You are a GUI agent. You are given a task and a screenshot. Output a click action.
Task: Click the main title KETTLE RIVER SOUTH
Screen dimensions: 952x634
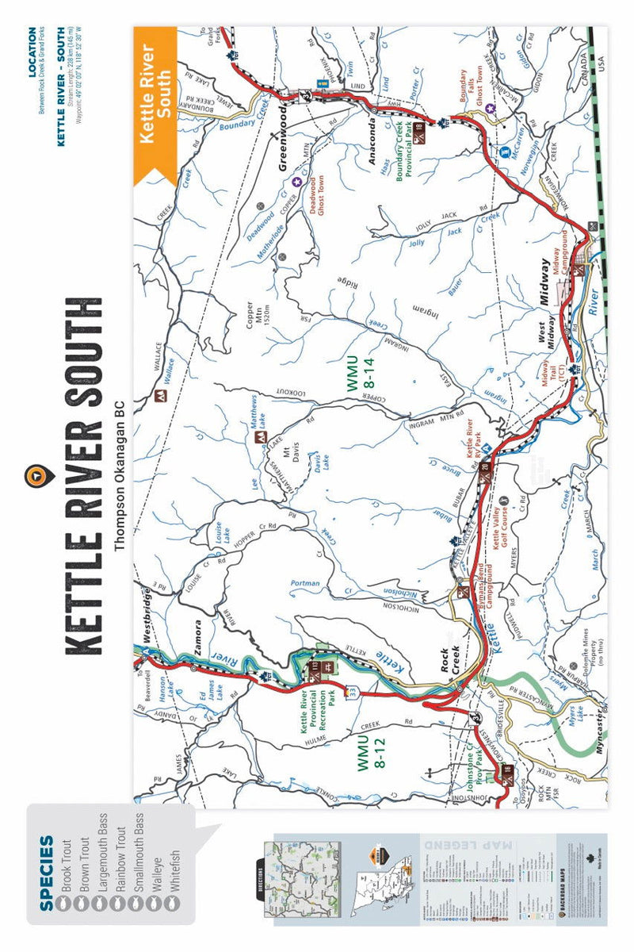[x=83, y=476]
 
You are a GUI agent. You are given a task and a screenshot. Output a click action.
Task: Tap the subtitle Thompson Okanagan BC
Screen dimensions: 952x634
[x=120, y=475]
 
